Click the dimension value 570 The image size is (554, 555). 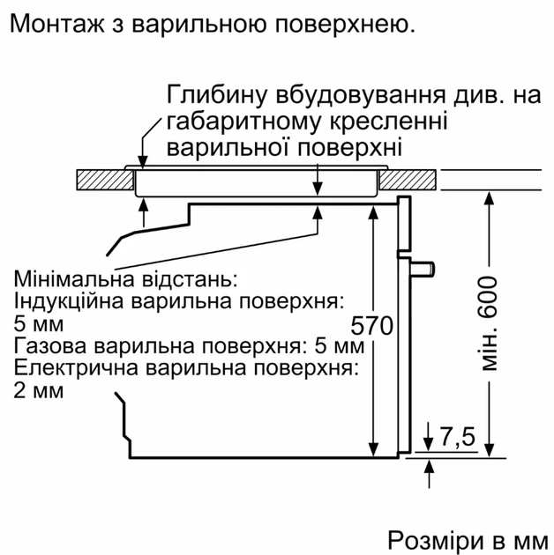coord(371,325)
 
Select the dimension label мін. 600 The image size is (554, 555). coord(489,323)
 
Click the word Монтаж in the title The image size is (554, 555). coord(57,25)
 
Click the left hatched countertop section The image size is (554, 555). coord(105,181)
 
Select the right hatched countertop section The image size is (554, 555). coord(408,180)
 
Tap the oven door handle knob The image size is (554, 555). coord(423,268)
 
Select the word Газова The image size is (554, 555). coord(50,346)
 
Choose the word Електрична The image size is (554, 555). coord(76,368)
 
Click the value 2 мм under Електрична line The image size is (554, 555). coord(39,390)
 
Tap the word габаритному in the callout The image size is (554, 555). coord(243,122)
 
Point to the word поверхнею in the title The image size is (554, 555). coord(345,25)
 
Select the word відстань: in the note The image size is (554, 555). coord(189,278)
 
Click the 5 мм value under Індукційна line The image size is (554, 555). coord(39,324)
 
